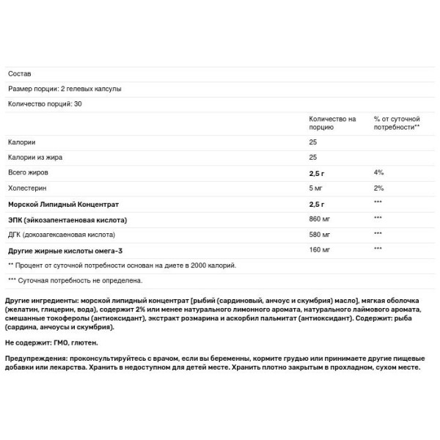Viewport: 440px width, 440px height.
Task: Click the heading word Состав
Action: point(20,73)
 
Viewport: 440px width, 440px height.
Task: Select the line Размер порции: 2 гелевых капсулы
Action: point(65,89)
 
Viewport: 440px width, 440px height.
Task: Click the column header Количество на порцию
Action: point(332,122)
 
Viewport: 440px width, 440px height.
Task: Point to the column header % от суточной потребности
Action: point(396,122)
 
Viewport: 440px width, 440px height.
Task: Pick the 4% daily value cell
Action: point(378,172)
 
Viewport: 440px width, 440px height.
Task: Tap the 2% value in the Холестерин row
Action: point(378,188)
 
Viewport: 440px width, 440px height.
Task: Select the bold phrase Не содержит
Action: point(28,342)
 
